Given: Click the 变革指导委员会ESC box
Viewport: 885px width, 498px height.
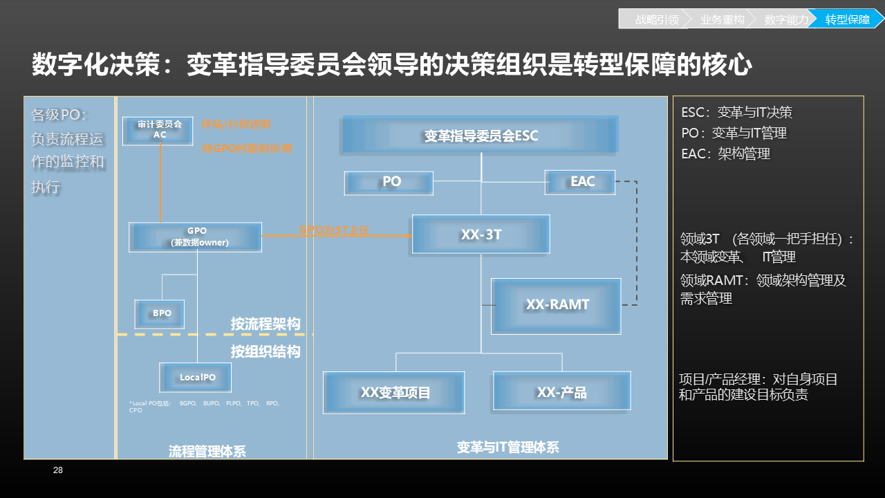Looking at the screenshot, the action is (x=480, y=135).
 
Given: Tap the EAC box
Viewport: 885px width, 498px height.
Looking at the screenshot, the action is (x=579, y=182).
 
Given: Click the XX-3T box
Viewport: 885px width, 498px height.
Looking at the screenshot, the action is (x=481, y=234).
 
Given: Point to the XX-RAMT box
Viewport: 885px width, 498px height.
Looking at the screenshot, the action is (x=556, y=305).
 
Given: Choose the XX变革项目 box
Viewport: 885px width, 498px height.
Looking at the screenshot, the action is (x=394, y=392).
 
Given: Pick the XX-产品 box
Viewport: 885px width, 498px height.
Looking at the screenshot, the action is (x=561, y=391).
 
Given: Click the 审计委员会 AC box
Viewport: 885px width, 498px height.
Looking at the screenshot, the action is (x=158, y=130).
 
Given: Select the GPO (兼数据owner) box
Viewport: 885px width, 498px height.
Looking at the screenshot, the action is (x=196, y=237).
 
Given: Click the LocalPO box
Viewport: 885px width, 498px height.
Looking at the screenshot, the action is (x=195, y=377).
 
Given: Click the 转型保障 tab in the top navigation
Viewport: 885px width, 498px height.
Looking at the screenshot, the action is (x=847, y=20).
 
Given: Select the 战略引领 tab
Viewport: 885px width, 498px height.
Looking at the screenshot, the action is (x=655, y=20).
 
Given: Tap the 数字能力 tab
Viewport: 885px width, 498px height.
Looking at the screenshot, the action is (x=785, y=20).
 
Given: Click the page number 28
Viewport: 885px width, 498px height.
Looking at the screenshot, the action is (x=58, y=471).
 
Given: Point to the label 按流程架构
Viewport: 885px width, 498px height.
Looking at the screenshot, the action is (x=265, y=324).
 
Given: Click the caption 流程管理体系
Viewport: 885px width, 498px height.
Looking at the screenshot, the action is (x=207, y=451).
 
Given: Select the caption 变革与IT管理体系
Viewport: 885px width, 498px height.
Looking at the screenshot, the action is (x=507, y=448).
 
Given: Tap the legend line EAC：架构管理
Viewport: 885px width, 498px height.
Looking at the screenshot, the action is (x=725, y=154).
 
